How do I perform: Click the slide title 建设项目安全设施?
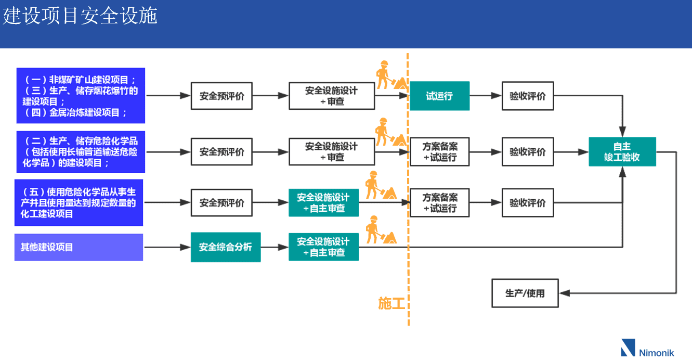(80, 16)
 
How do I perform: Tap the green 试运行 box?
(439, 96)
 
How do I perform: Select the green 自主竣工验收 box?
(622, 152)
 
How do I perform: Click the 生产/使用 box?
(525, 293)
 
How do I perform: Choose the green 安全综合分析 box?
(225, 247)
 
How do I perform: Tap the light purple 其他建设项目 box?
(79, 247)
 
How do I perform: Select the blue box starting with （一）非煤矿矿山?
(81, 96)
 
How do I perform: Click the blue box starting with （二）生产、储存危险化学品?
(81, 152)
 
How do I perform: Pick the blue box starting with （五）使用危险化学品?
(79, 202)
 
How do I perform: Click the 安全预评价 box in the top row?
(221, 96)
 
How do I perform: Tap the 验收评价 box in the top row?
(527, 96)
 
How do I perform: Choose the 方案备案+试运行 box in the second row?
(439, 152)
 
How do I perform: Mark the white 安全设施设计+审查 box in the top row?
(332, 96)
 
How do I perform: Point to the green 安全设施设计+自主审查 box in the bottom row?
(323, 247)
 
